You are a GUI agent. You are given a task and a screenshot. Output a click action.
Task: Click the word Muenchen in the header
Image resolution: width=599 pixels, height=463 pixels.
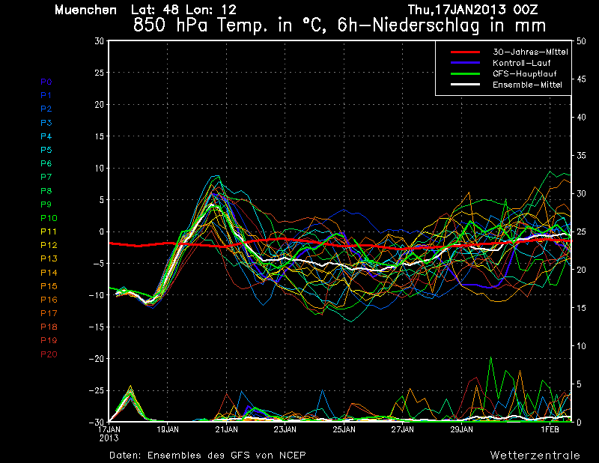coord(85,10)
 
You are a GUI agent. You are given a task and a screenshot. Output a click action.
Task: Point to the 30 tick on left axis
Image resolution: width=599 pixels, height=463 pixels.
coord(98,41)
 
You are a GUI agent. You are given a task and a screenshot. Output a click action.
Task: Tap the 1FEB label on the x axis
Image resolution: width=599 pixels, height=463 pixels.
coord(550,430)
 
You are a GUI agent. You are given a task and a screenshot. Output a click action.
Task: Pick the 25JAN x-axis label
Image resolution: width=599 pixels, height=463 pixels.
coord(344,430)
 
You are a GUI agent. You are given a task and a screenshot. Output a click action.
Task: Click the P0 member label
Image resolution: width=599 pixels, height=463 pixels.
coord(46,82)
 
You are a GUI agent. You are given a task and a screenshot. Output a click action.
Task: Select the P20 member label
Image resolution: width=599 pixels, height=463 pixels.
coord(49,354)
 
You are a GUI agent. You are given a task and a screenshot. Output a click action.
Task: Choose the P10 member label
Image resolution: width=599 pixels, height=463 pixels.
coord(49,218)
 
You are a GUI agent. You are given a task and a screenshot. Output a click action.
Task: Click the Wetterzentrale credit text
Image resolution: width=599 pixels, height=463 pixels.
coord(535,455)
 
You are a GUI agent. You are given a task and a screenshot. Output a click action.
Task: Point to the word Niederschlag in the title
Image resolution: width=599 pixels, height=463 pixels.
coord(425,25)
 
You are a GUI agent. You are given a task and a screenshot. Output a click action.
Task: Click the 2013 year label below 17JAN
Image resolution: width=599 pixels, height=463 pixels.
coord(109,438)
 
